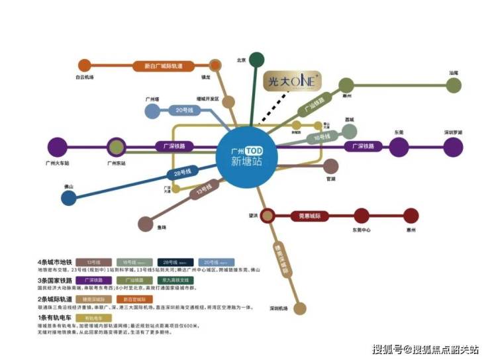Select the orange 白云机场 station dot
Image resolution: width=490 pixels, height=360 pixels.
(x=84, y=66)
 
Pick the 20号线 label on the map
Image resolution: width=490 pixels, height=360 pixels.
(x=183, y=110)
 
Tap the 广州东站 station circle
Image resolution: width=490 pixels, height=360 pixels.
(x=116, y=147)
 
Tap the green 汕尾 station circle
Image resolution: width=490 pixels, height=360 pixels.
(x=454, y=85)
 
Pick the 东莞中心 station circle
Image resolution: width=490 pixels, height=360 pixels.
(x=361, y=216)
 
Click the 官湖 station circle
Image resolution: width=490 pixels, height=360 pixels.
(x=330, y=166)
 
